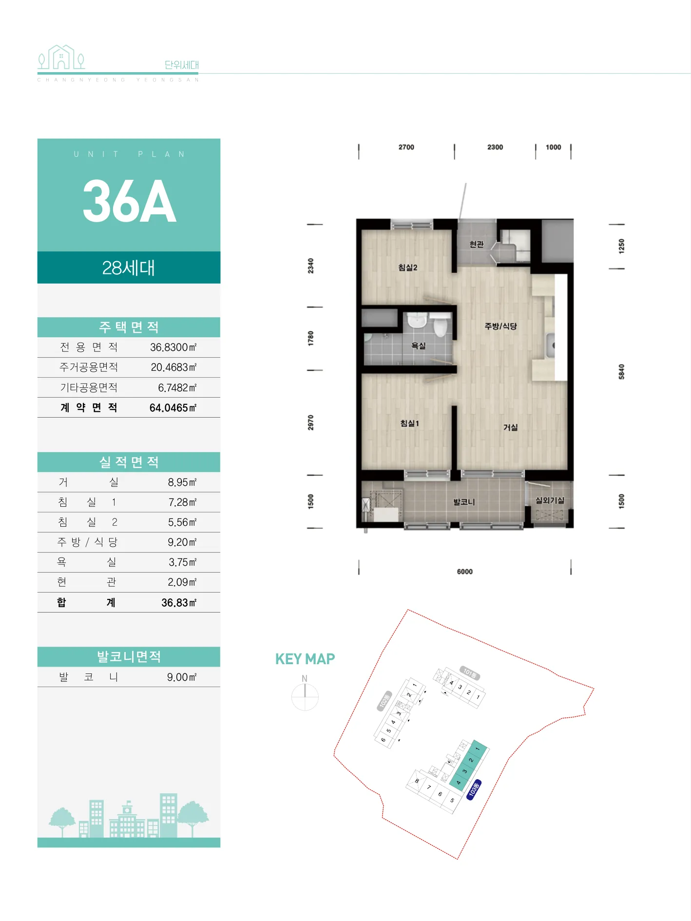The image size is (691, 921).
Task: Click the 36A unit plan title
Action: coord(129,201)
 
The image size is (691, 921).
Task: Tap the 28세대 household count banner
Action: coord(129,268)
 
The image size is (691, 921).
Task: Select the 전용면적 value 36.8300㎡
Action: coord(173,347)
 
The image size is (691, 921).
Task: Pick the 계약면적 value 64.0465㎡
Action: coord(173,408)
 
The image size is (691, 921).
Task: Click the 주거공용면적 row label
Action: coord(89,367)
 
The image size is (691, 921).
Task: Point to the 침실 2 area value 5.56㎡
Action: coord(182,522)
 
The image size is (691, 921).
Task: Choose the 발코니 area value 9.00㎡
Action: coord(182,677)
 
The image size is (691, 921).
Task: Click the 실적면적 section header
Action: coord(129,462)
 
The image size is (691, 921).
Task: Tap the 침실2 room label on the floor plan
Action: coord(407,268)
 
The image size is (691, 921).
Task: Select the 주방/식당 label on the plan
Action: coord(500,326)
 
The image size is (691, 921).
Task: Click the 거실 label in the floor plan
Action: coord(510,427)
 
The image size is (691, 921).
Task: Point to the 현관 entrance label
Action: coord(477,244)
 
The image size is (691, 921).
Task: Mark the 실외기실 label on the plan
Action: coord(550,500)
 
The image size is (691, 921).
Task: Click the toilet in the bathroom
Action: coord(441,325)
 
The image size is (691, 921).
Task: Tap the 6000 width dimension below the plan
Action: coord(465,572)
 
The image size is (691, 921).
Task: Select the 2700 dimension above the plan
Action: coord(406,147)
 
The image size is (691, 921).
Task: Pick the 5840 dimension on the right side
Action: coord(621,371)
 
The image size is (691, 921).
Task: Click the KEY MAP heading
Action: coord(305,659)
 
